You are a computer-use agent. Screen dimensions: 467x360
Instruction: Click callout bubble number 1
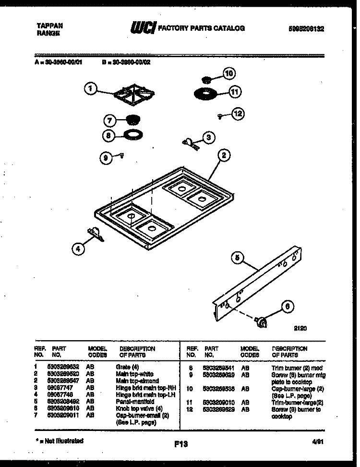[x=90, y=88]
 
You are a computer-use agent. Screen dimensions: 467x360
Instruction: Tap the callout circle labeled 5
[x=236, y=258]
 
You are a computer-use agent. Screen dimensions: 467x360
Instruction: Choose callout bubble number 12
[x=238, y=114]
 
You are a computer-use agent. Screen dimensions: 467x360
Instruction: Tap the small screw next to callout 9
[x=122, y=155]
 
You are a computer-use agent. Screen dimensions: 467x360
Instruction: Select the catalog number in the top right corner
[x=306, y=29]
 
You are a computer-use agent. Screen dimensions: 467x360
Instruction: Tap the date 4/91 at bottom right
[x=316, y=441]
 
